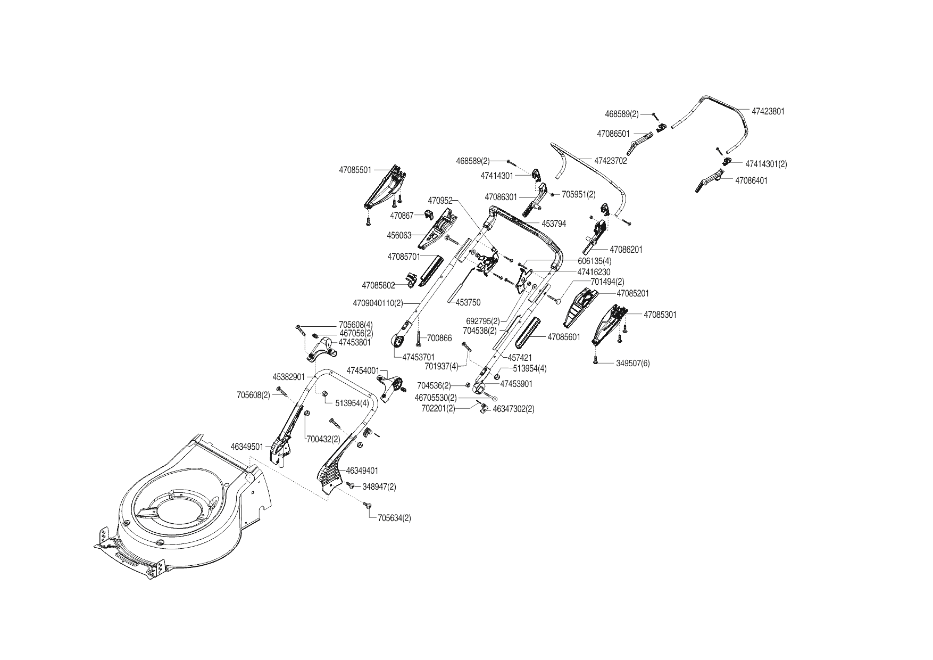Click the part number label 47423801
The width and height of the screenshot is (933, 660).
[768, 112]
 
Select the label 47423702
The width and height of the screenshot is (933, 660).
[611, 161]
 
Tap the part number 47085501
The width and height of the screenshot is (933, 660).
[355, 170]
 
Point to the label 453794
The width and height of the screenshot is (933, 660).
[554, 224]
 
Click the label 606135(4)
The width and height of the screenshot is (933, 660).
[595, 261]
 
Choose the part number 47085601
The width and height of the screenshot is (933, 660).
[564, 337]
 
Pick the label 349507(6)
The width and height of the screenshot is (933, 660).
[633, 364]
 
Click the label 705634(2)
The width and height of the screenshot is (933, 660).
[394, 518]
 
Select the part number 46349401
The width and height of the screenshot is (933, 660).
[362, 471]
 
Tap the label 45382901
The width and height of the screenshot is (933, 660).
[289, 377]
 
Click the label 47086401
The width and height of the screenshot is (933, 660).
[751, 180]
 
